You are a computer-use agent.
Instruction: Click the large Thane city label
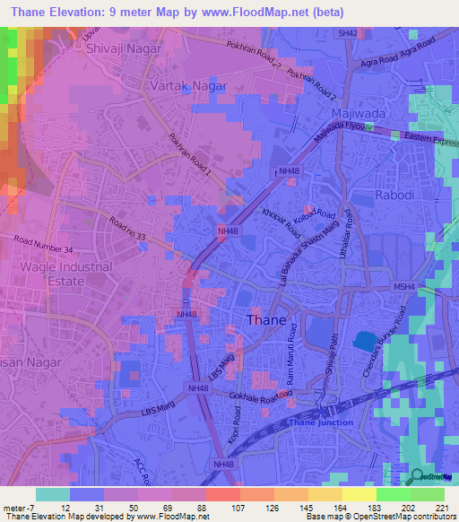click(x=266, y=320)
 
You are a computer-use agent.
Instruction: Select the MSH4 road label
click(x=404, y=287)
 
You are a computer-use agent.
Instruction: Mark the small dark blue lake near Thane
click(x=363, y=342)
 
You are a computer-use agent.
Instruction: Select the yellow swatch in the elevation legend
click(x=359, y=493)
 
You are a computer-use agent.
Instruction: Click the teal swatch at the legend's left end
click(x=53, y=493)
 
